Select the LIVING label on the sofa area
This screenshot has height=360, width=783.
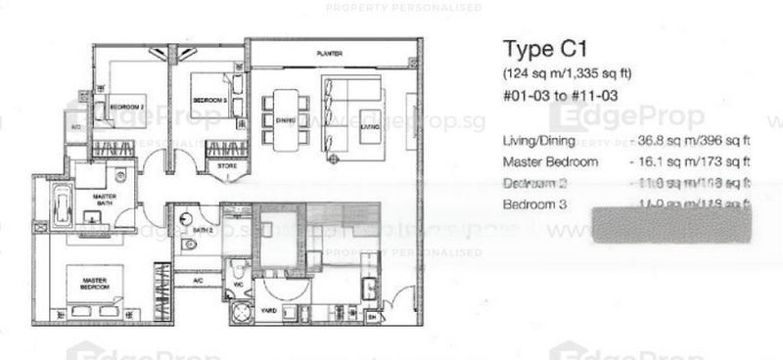[368, 125]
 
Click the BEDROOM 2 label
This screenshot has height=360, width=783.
[126, 107]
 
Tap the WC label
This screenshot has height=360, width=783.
[239, 286]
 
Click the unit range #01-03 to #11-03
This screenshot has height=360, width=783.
[563, 96]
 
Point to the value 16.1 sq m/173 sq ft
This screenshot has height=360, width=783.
[696, 161]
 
